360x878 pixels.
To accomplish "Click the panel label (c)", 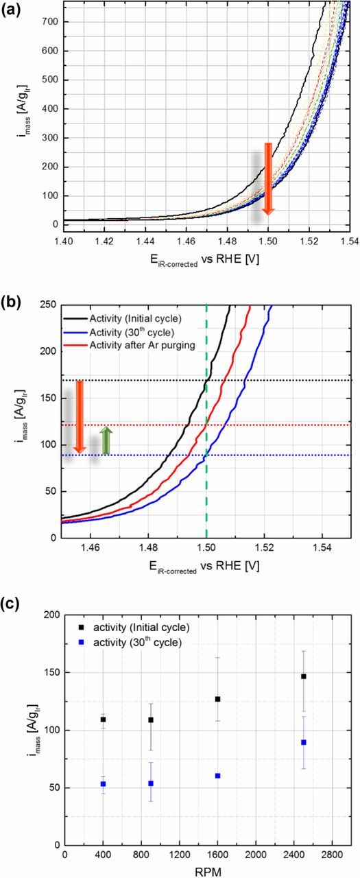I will (x=12, y=603).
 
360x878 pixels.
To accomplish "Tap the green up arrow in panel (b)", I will (x=106, y=440).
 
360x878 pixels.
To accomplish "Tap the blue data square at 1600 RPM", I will (x=217, y=776).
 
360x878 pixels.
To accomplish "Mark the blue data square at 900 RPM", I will (x=151, y=783).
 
